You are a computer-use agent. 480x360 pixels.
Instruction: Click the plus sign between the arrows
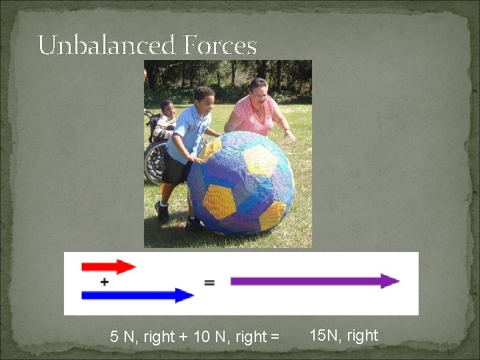[105, 282]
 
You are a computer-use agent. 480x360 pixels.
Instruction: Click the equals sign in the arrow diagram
[209, 283]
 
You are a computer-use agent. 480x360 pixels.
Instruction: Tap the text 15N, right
[344, 335]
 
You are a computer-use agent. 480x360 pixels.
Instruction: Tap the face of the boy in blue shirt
[205, 101]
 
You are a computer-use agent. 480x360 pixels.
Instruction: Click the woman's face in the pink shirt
[259, 91]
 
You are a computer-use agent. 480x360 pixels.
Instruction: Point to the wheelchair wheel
[155, 161]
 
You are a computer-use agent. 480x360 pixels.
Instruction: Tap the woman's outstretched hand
[289, 134]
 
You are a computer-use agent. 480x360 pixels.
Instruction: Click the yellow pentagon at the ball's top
[258, 161]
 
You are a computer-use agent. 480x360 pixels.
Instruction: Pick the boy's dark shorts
[176, 169]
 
